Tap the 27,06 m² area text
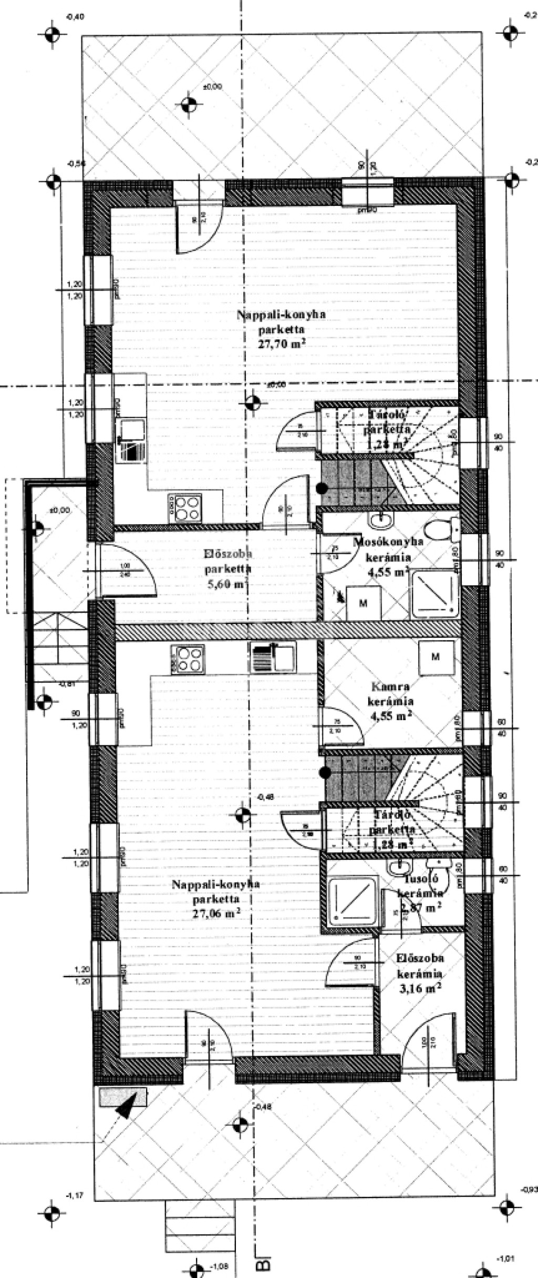point(216,913)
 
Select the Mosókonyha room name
point(388,541)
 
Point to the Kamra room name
point(390,686)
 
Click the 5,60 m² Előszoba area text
point(228,584)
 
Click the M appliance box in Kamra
point(435,657)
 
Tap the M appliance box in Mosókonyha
point(363,603)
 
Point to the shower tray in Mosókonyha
point(436,594)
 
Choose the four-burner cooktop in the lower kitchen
point(188,659)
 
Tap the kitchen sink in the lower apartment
point(273,657)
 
